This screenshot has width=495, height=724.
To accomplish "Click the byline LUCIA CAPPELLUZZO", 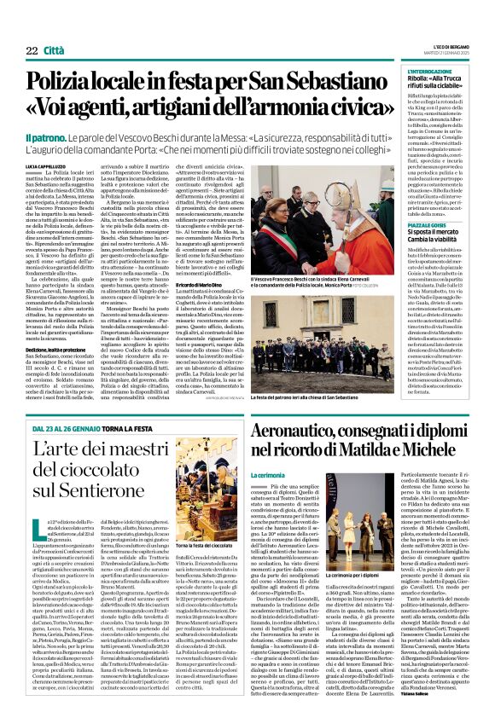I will click(48, 166).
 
